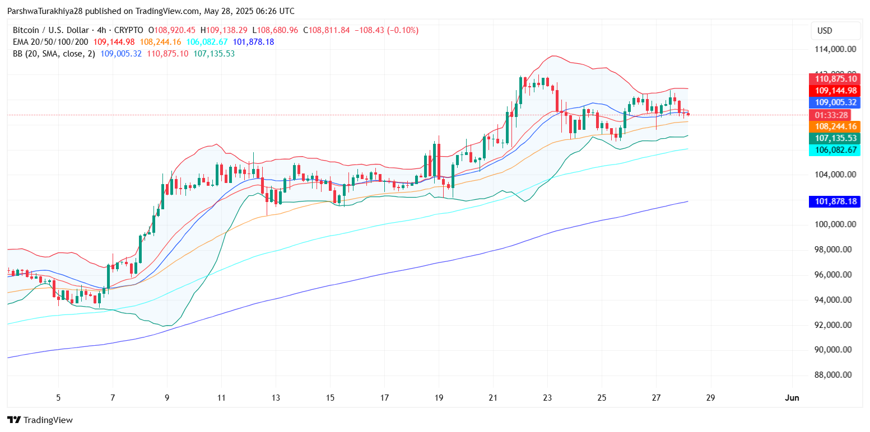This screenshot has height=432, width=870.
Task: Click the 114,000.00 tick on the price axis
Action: (x=835, y=49)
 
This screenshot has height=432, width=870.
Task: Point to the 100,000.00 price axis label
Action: (x=835, y=224)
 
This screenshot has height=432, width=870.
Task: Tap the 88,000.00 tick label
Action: (x=835, y=375)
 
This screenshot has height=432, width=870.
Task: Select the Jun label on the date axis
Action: (x=792, y=398)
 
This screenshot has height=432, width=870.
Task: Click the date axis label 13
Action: (x=276, y=398)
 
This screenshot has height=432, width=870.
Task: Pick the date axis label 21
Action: (x=493, y=398)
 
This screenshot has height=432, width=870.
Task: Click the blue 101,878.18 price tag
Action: (x=834, y=201)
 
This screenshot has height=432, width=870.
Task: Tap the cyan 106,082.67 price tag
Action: (x=834, y=150)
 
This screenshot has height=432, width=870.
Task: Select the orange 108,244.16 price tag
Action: (x=834, y=126)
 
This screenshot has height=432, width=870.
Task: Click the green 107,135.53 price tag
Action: (x=834, y=138)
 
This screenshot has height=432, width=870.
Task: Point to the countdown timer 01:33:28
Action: (x=830, y=115)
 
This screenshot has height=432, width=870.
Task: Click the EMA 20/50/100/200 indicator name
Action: (x=51, y=42)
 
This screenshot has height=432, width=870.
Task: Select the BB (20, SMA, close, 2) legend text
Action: (x=54, y=54)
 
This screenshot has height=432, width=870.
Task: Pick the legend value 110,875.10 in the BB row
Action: (x=168, y=54)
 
